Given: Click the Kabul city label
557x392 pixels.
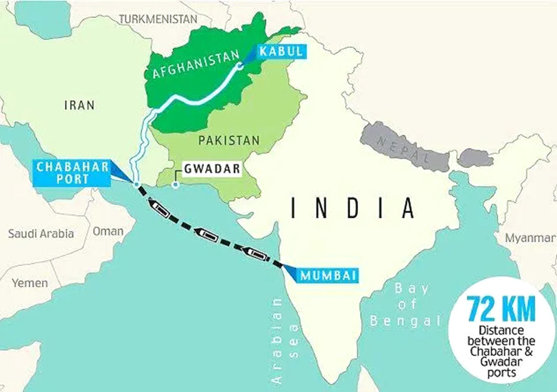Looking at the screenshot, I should pyautogui.click(x=281, y=52).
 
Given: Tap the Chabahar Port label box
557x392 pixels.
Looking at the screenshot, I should pyautogui.click(x=73, y=173).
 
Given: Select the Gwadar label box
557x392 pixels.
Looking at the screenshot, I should pyautogui.click(x=212, y=168).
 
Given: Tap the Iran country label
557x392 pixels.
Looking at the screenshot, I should pyautogui.click(x=79, y=106).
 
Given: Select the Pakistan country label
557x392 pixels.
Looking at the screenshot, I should pyautogui.click(x=229, y=141).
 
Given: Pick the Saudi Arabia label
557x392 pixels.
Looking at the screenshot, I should pyautogui.click(x=41, y=234).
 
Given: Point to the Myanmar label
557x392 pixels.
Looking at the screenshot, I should pyautogui.click(x=530, y=238).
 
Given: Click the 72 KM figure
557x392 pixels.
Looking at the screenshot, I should pyautogui.click(x=501, y=310).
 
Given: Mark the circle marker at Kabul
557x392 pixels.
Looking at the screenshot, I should pyautogui.click(x=240, y=66).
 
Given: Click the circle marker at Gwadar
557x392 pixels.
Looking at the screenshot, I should pyautogui.click(x=175, y=185).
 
